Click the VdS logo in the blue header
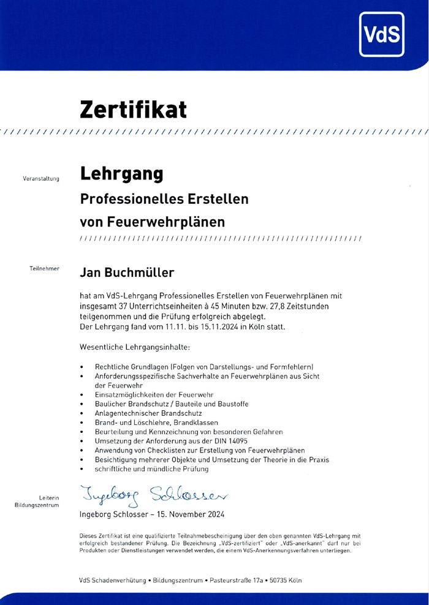[x=382, y=36]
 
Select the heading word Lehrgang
[x=122, y=174]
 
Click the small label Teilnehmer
[x=44, y=269]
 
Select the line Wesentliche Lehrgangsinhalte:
[x=135, y=347]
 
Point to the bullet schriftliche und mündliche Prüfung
[x=151, y=468]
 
